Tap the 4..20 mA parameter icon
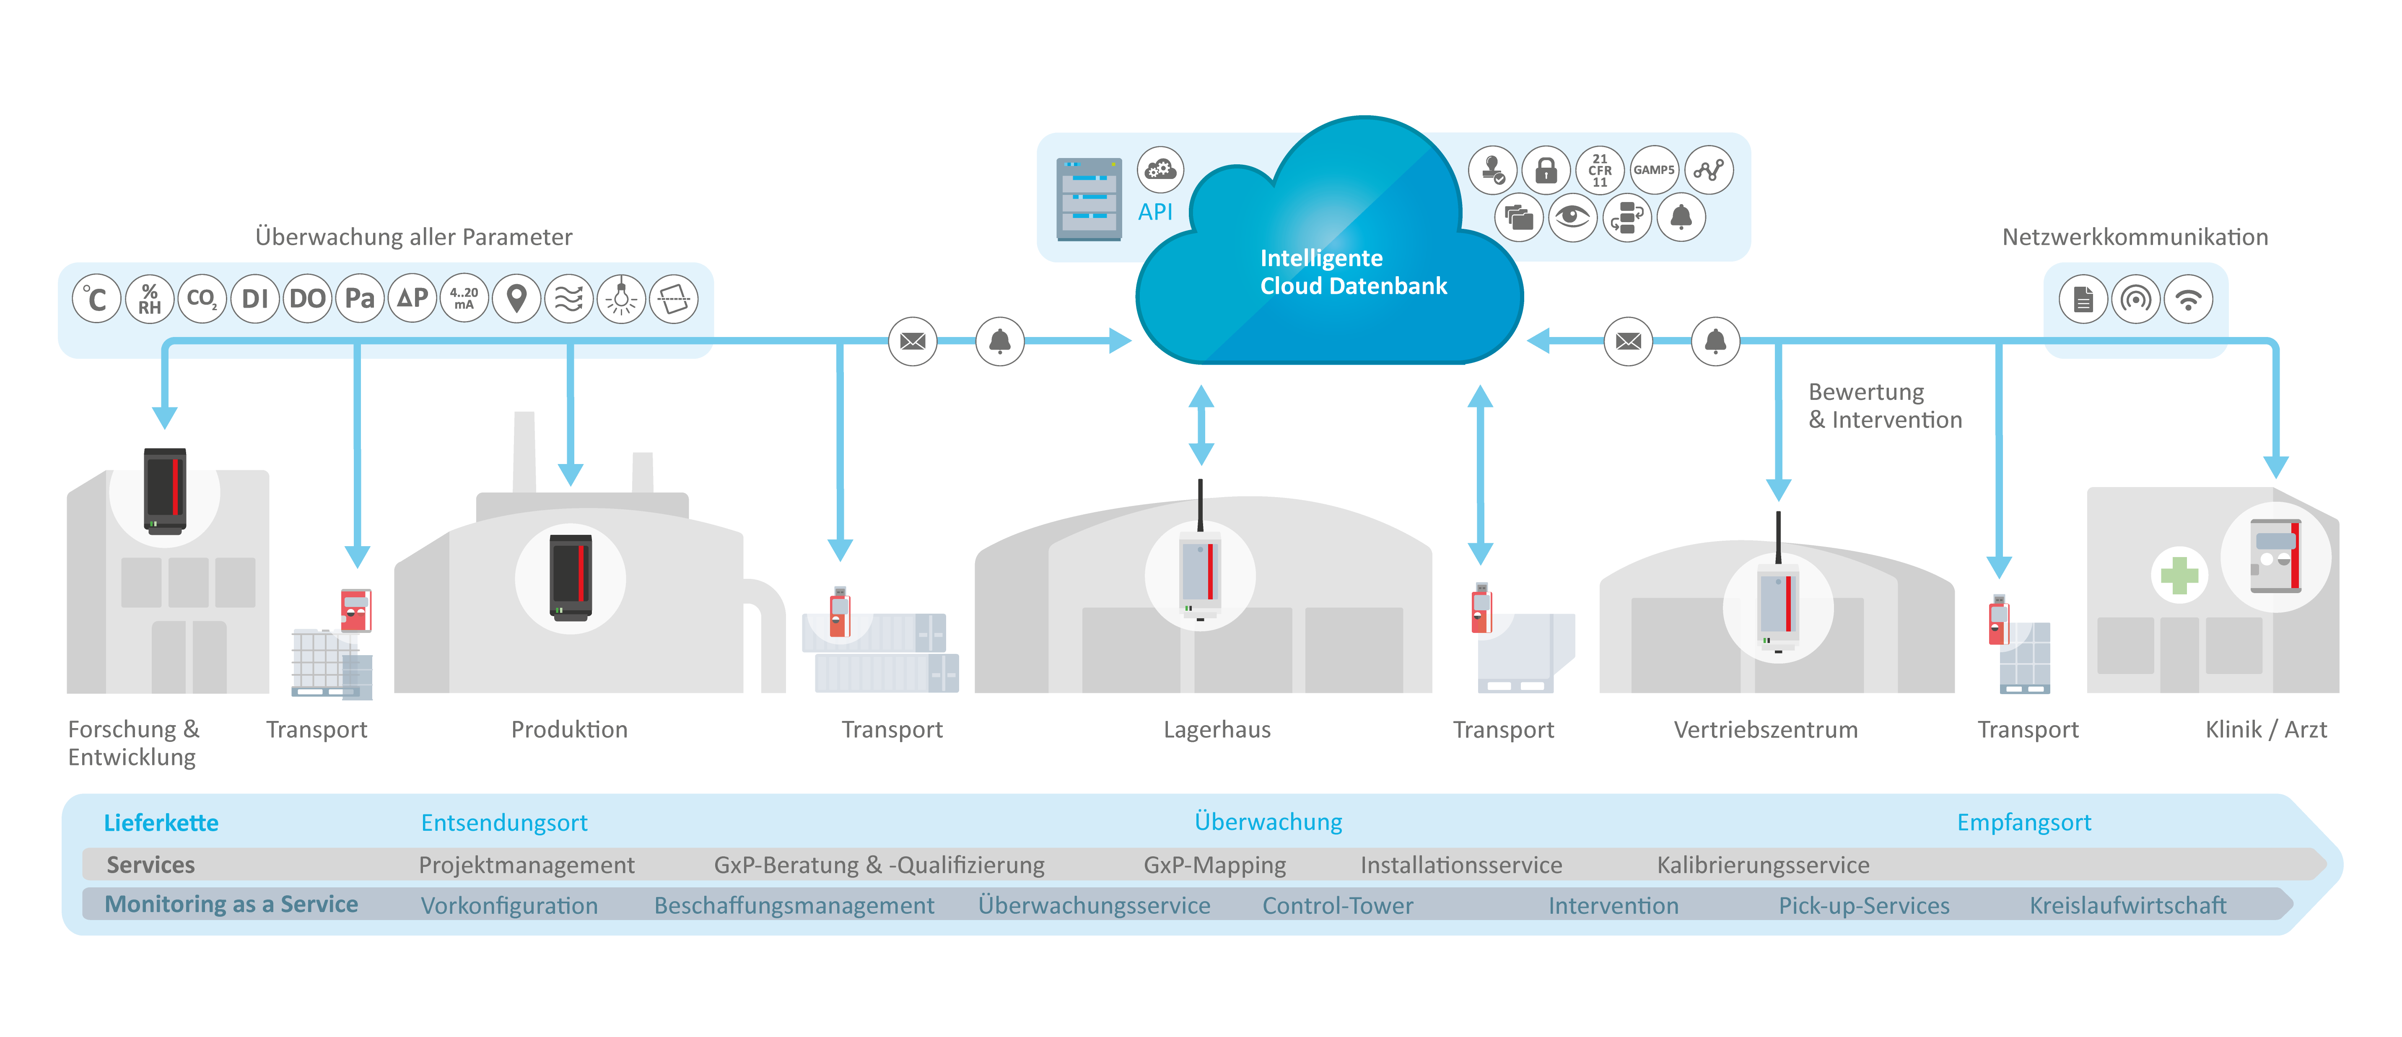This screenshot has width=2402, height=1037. click(x=464, y=298)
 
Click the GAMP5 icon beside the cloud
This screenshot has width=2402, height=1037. click(x=1653, y=170)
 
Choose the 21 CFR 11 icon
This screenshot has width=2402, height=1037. click(x=1600, y=170)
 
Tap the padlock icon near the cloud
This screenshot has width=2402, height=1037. click(x=1546, y=170)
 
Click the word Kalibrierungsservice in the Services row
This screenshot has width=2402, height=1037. click(x=1762, y=864)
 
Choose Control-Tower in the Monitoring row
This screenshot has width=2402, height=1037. click(x=1337, y=905)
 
